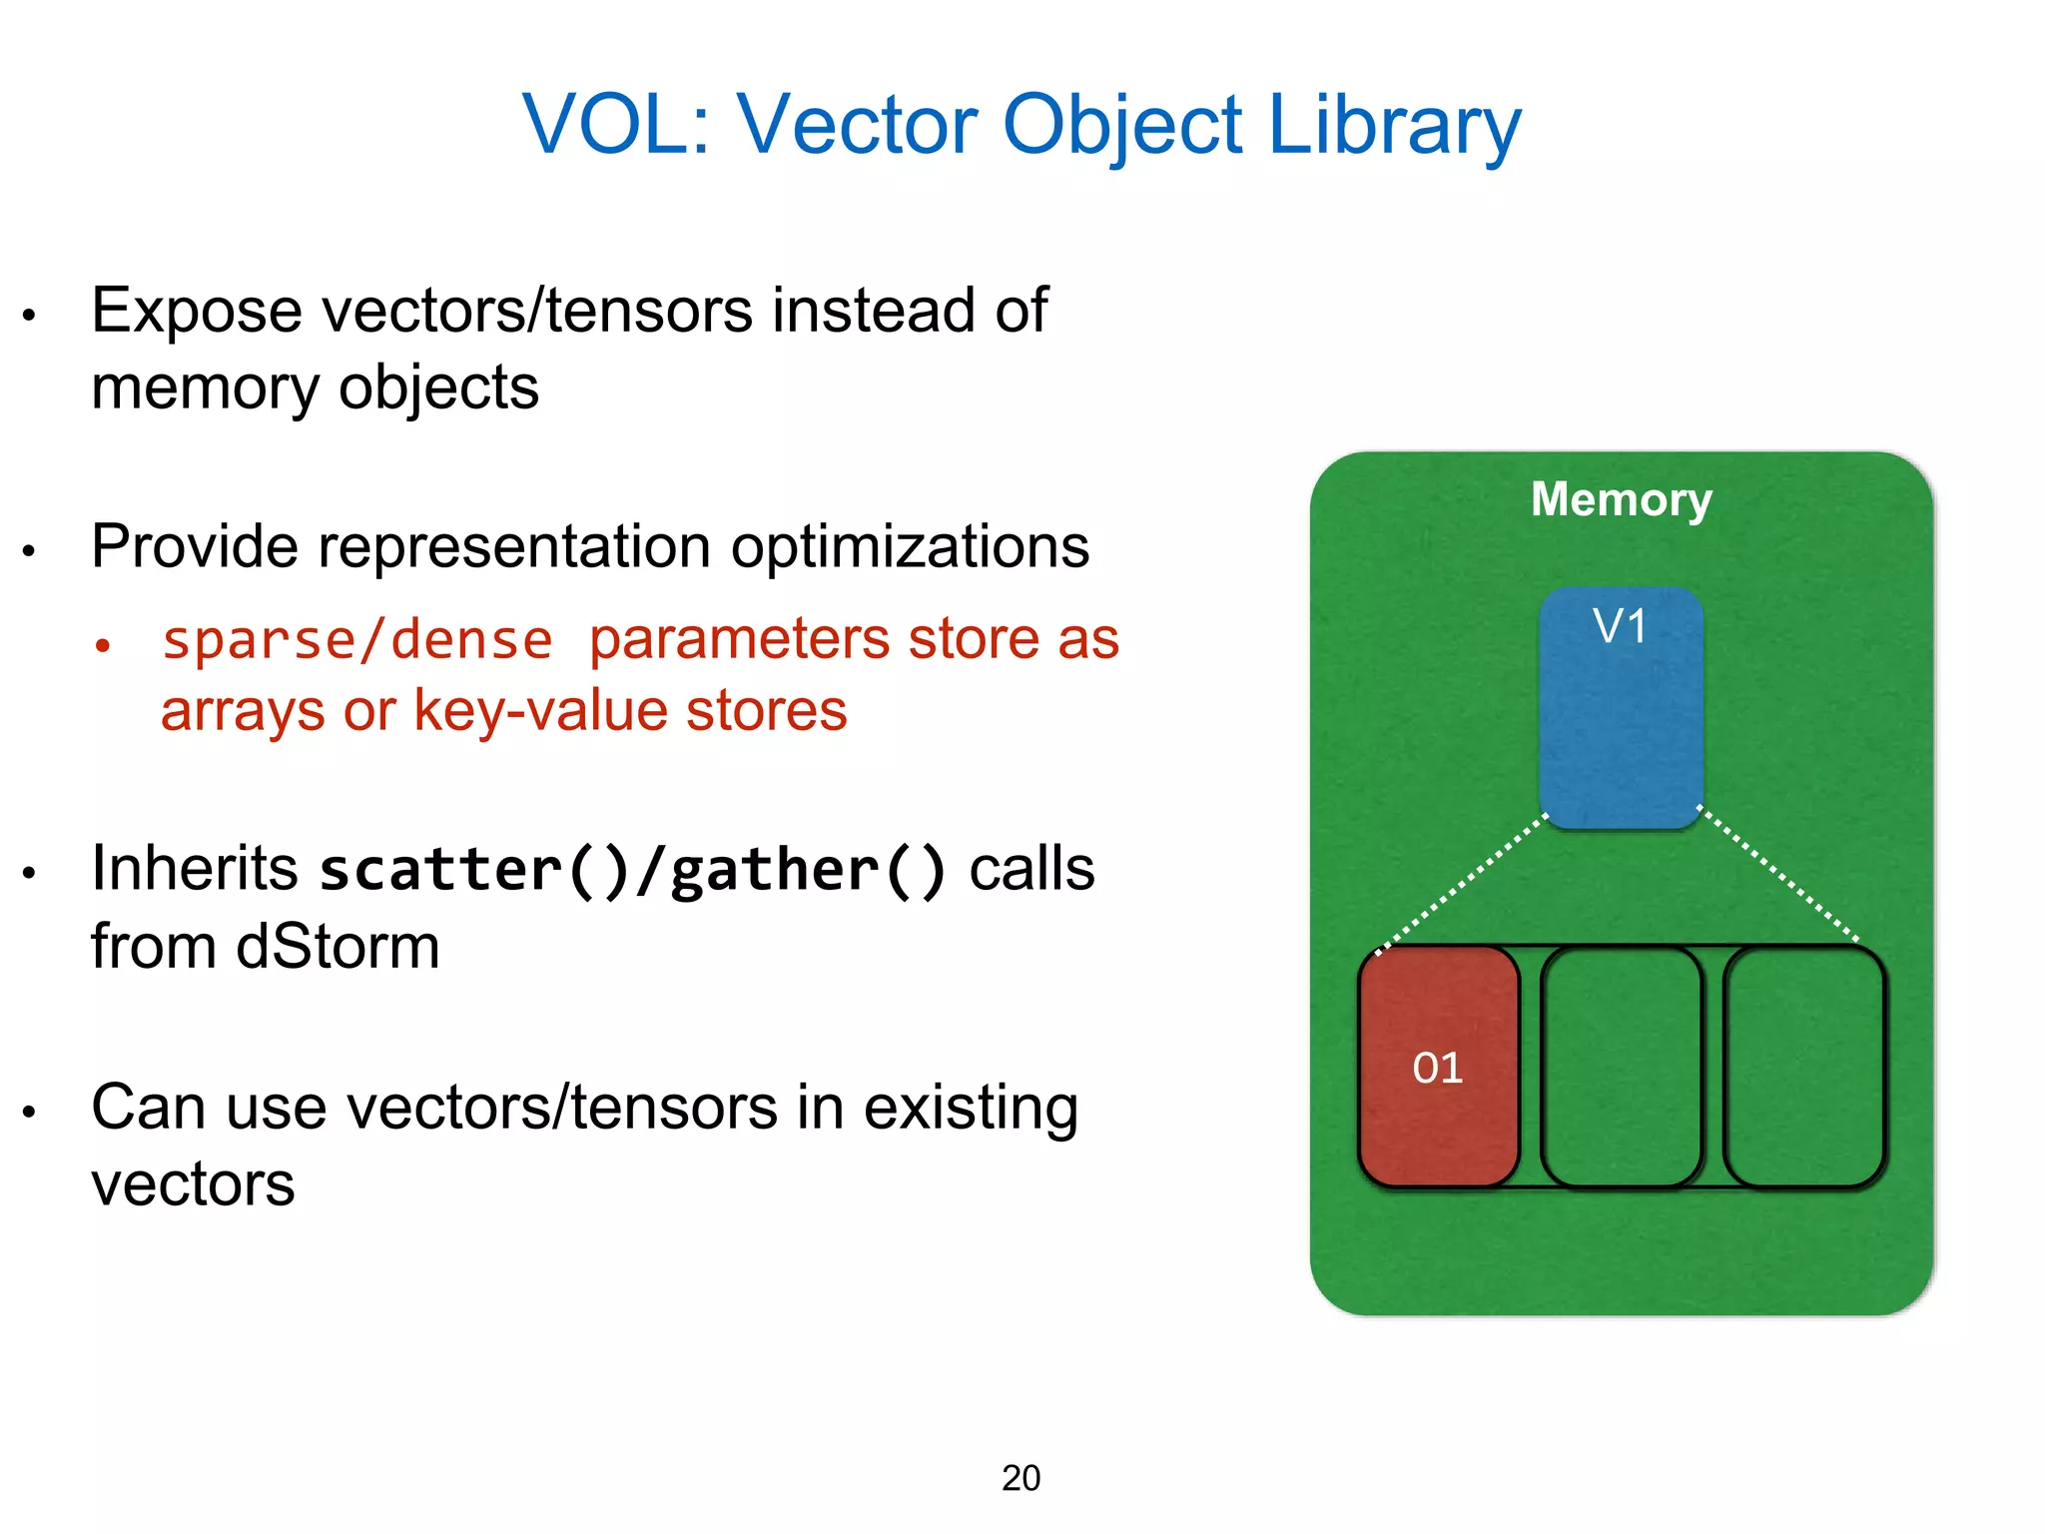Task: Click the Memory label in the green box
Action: click(x=1621, y=498)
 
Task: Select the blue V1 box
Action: click(x=1620, y=709)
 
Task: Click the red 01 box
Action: click(x=1438, y=1067)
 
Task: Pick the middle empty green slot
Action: click(x=1621, y=1067)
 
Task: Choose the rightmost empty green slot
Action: click(x=1803, y=1067)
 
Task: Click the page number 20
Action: click(x=1021, y=1478)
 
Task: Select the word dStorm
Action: click(x=338, y=946)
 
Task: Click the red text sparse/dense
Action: click(x=357, y=639)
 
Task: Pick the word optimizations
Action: click(x=910, y=547)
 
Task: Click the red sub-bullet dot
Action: click(x=102, y=645)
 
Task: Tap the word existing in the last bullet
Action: click(x=970, y=1108)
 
